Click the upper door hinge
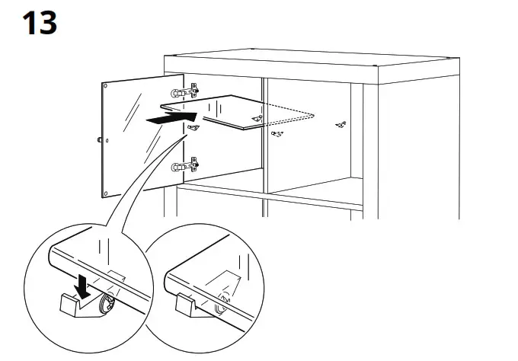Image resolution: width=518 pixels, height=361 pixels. point(185,92)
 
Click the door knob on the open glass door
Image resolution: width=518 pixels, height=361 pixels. point(100,139)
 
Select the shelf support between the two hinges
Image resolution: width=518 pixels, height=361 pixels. point(193,129)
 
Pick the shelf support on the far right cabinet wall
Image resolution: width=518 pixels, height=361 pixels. point(341,123)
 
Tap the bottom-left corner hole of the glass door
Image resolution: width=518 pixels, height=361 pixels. point(107,191)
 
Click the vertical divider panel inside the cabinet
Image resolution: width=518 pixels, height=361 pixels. point(264,145)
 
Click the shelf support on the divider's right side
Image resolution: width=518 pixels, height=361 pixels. point(278,135)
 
